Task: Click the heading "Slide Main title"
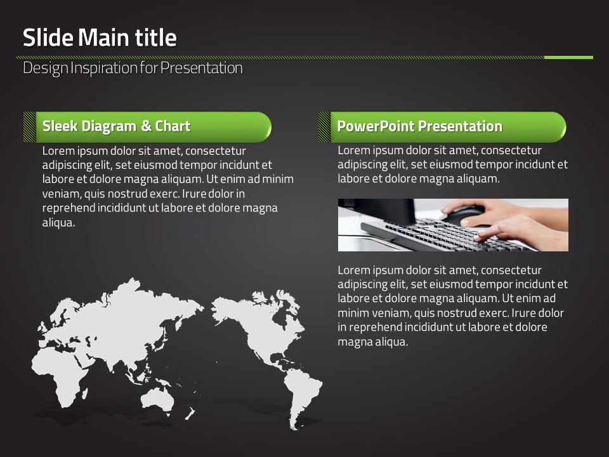tap(100, 37)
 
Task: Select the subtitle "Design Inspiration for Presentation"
tap(133, 68)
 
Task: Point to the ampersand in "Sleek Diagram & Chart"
tap(146, 126)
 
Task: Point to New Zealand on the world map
tap(190, 413)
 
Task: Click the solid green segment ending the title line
tap(568, 58)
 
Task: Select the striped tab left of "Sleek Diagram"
tap(30, 127)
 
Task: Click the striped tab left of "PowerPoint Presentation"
tap(324, 127)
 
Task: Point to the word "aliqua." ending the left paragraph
tap(58, 223)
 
